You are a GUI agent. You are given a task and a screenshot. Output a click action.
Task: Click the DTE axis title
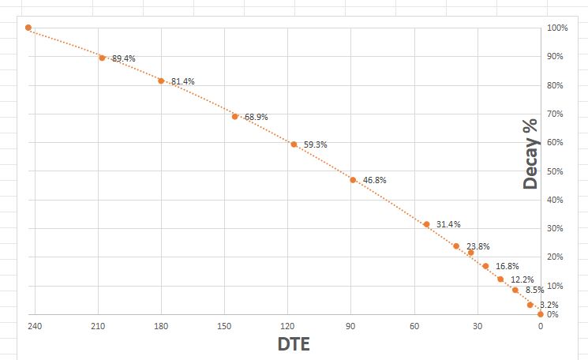(294, 345)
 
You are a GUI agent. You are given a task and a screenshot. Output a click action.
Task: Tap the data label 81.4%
(182, 82)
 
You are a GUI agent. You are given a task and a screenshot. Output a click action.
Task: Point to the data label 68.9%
(256, 117)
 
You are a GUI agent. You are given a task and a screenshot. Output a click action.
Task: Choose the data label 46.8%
(374, 181)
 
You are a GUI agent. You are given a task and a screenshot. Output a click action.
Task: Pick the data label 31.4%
(448, 225)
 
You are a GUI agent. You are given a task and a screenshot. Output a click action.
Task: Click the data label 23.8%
(478, 246)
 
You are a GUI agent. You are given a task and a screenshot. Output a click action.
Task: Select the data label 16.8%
(507, 267)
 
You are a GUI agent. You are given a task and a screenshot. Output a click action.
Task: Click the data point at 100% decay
(28, 28)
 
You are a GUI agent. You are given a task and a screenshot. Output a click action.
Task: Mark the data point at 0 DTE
(541, 314)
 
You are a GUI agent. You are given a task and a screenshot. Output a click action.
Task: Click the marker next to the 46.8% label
(353, 180)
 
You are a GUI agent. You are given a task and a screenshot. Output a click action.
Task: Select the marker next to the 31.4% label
(426, 224)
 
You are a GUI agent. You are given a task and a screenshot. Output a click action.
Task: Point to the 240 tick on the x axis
(34, 326)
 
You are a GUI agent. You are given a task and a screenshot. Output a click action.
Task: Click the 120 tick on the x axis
(287, 326)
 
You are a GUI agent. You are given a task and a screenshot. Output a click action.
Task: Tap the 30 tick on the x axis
(478, 326)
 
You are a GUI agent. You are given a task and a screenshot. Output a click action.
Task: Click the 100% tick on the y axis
(557, 28)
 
